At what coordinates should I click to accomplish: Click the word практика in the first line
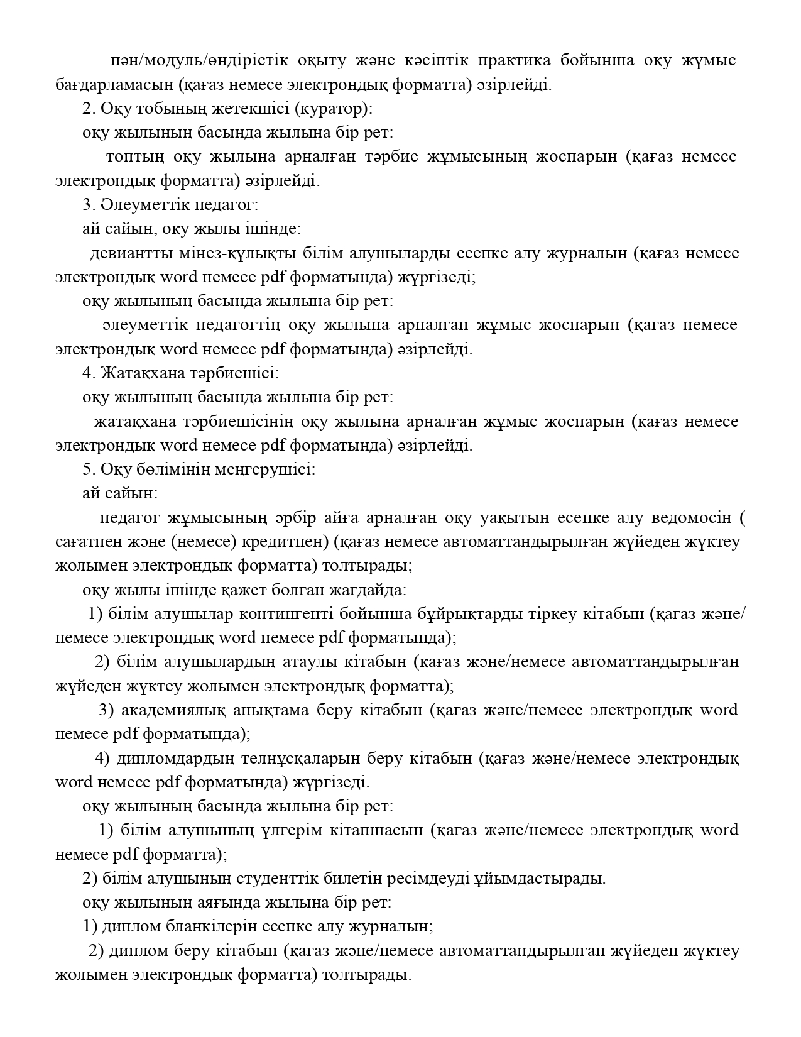(x=515, y=60)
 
